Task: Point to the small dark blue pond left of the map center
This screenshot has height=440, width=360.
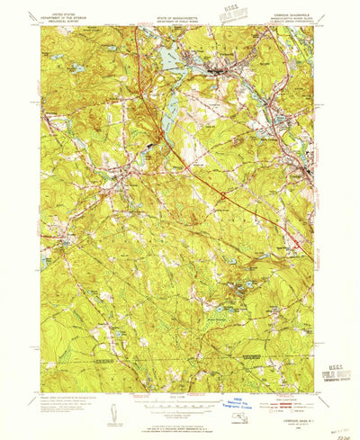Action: click(x=146, y=143)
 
